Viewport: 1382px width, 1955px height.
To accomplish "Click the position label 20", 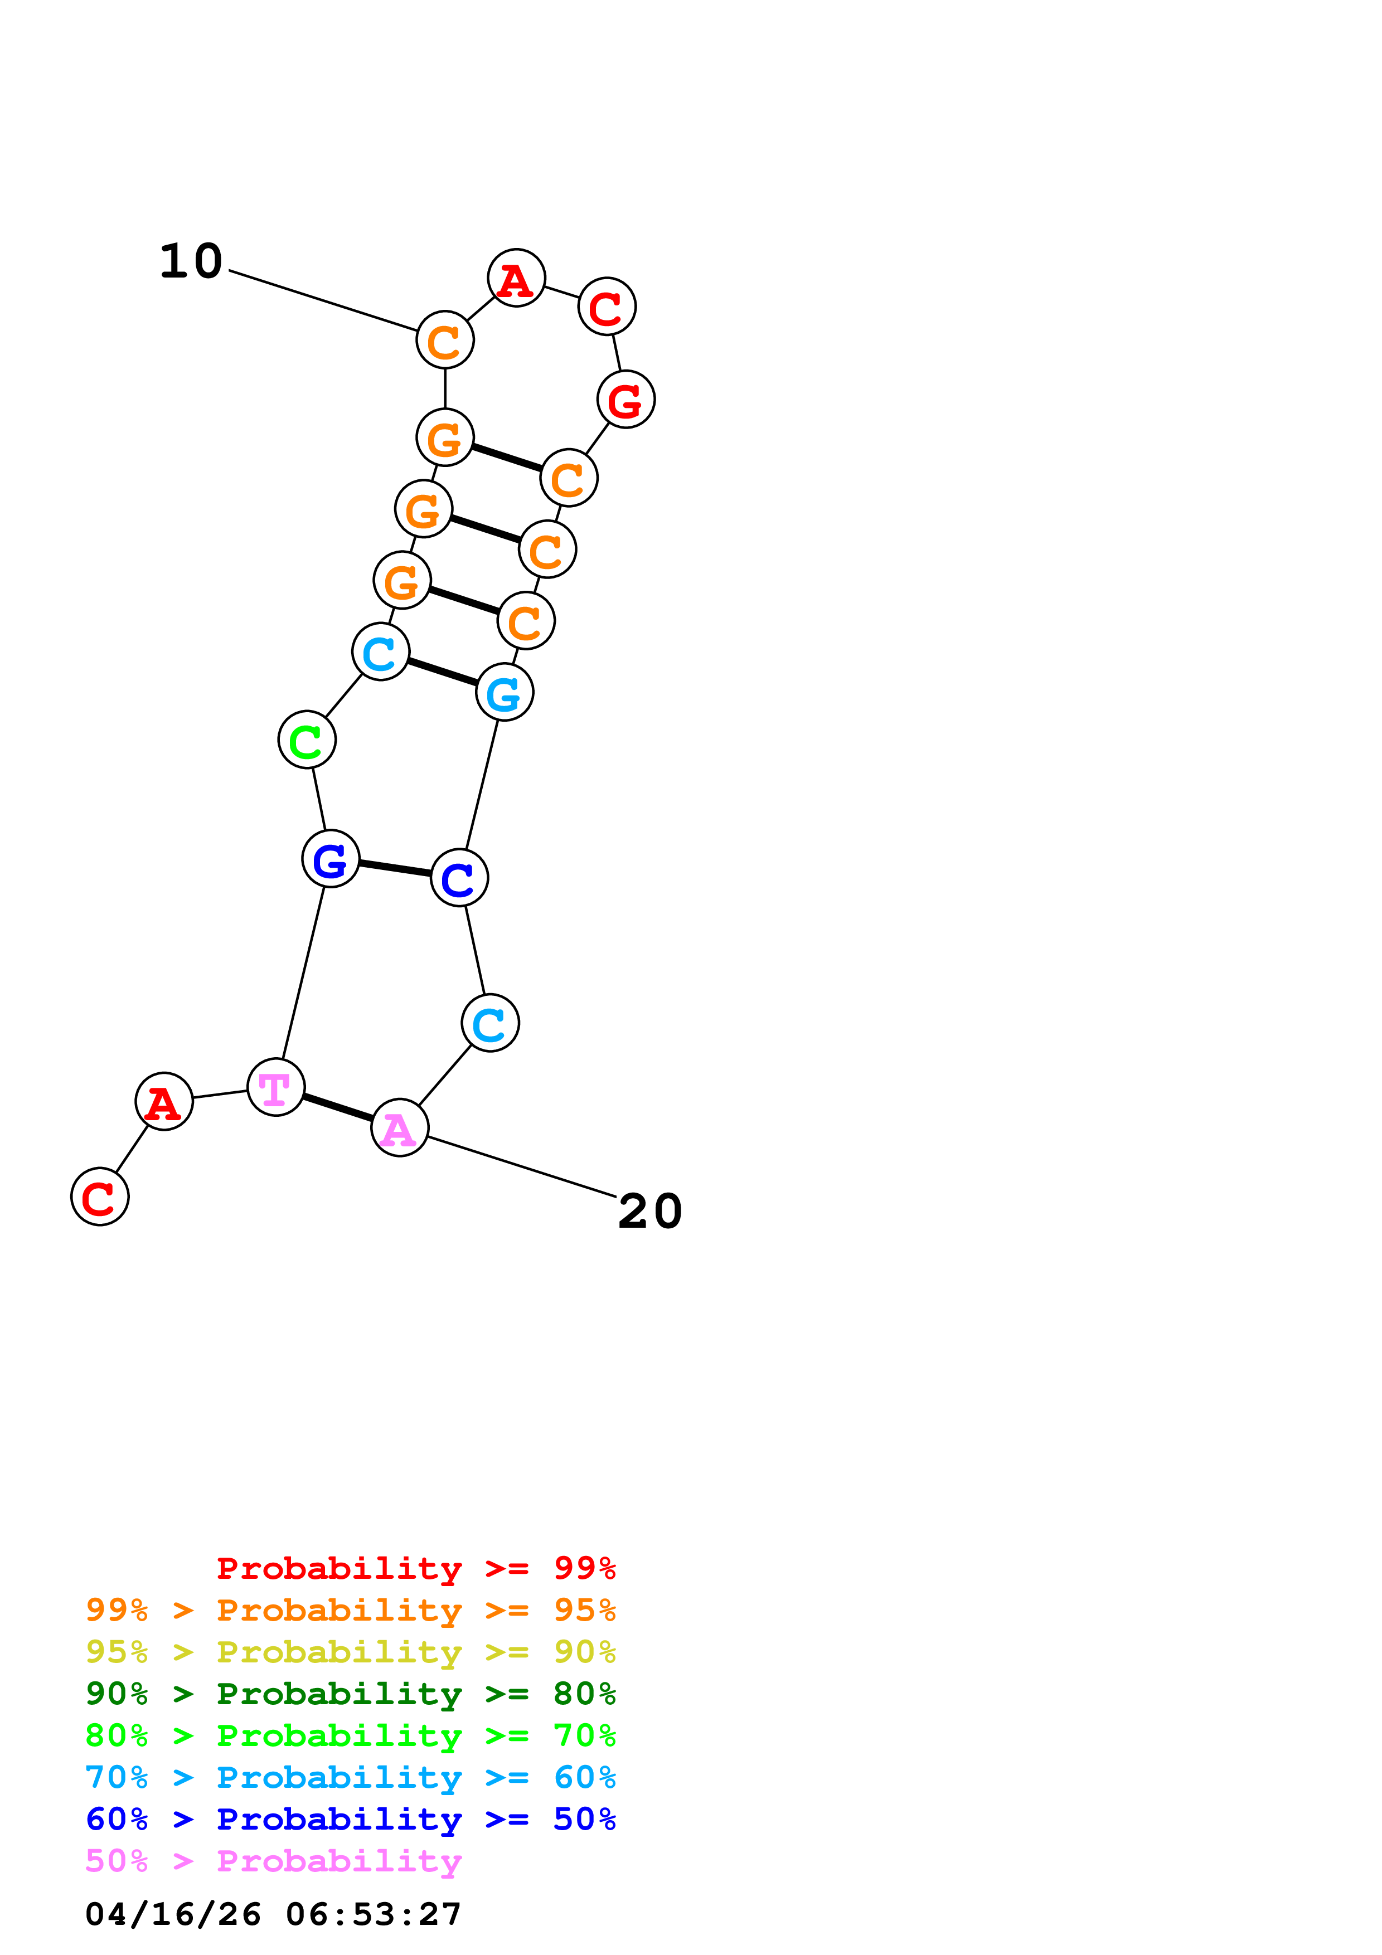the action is (x=649, y=1211).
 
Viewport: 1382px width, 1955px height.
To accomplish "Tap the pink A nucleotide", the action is (x=399, y=1127).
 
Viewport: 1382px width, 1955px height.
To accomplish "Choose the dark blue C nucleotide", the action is (x=459, y=878).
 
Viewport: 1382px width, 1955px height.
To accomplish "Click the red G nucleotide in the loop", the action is (x=626, y=400).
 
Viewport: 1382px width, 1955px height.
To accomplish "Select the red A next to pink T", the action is (x=163, y=1102).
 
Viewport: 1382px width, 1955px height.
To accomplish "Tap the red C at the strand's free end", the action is (x=100, y=1197).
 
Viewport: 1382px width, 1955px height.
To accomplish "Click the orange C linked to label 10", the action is (x=444, y=340).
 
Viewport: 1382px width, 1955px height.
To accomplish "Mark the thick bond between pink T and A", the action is (x=337, y=1108).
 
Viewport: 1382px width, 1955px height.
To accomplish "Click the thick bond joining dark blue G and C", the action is (x=394, y=868).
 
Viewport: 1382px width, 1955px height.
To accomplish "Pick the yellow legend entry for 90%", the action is (x=350, y=1652).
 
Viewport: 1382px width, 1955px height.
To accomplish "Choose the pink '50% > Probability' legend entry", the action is (x=273, y=1861).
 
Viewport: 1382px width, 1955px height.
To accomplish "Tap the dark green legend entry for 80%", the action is (x=350, y=1694).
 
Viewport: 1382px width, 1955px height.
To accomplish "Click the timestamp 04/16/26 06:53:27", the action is (x=273, y=1914).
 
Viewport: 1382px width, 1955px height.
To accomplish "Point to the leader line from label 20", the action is (x=521, y=1166).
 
